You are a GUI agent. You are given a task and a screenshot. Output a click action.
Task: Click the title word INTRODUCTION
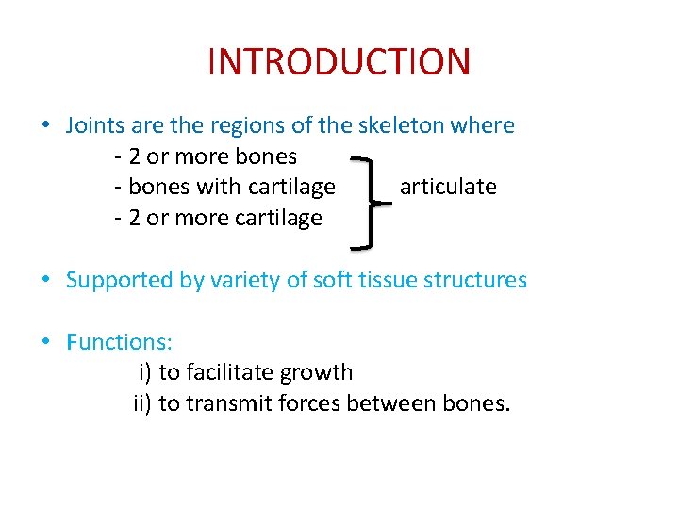point(339,62)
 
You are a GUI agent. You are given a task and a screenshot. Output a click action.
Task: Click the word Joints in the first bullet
point(94,125)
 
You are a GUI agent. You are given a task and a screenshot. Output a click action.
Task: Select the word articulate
point(448,187)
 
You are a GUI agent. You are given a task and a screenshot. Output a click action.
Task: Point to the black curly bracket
point(372,202)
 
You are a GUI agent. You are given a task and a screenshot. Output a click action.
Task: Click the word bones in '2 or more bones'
point(267,156)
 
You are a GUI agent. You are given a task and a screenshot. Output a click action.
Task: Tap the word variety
point(245,280)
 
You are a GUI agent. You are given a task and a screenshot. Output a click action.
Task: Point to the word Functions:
point(119,341)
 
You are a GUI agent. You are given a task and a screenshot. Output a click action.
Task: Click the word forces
point(312,403)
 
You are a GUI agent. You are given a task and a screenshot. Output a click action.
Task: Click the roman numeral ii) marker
point(142,403)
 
